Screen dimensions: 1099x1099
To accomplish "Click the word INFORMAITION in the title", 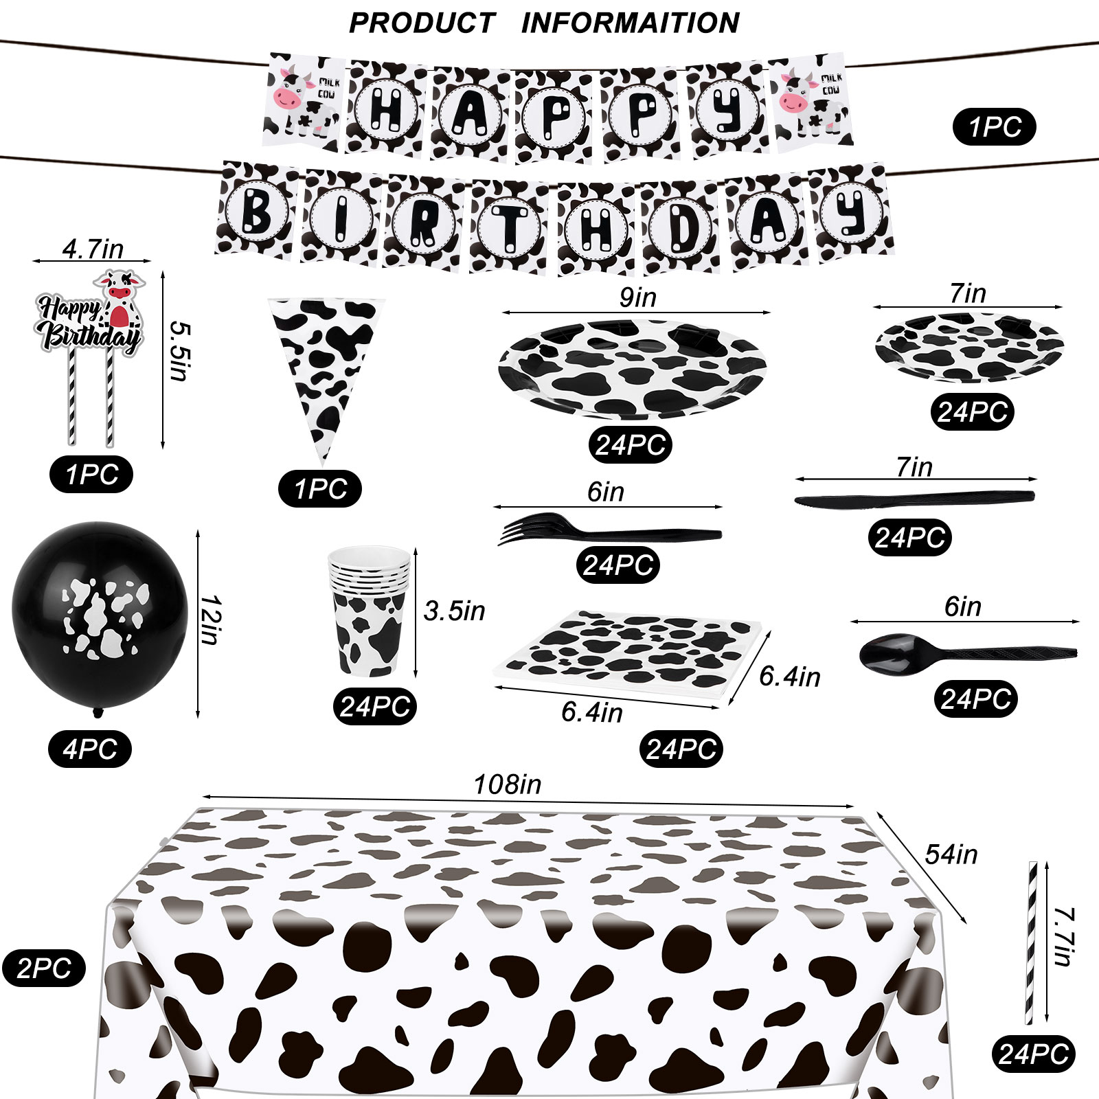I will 630,23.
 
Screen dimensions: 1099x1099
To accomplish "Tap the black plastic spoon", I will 962,651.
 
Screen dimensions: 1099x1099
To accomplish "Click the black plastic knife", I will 914,499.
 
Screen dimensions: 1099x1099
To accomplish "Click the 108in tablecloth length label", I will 508,784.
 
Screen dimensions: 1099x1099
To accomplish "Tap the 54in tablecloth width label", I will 951,854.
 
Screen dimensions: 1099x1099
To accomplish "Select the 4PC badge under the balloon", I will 90,749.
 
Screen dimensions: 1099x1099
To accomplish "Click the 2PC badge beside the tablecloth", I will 44,968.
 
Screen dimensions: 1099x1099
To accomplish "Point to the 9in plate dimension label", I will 637,297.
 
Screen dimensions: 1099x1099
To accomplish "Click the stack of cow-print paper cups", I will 370,611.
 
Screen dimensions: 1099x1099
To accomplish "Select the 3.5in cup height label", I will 454,611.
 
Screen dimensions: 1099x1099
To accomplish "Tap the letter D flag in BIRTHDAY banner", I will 681,224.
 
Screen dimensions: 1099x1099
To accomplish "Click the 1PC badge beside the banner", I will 994,127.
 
